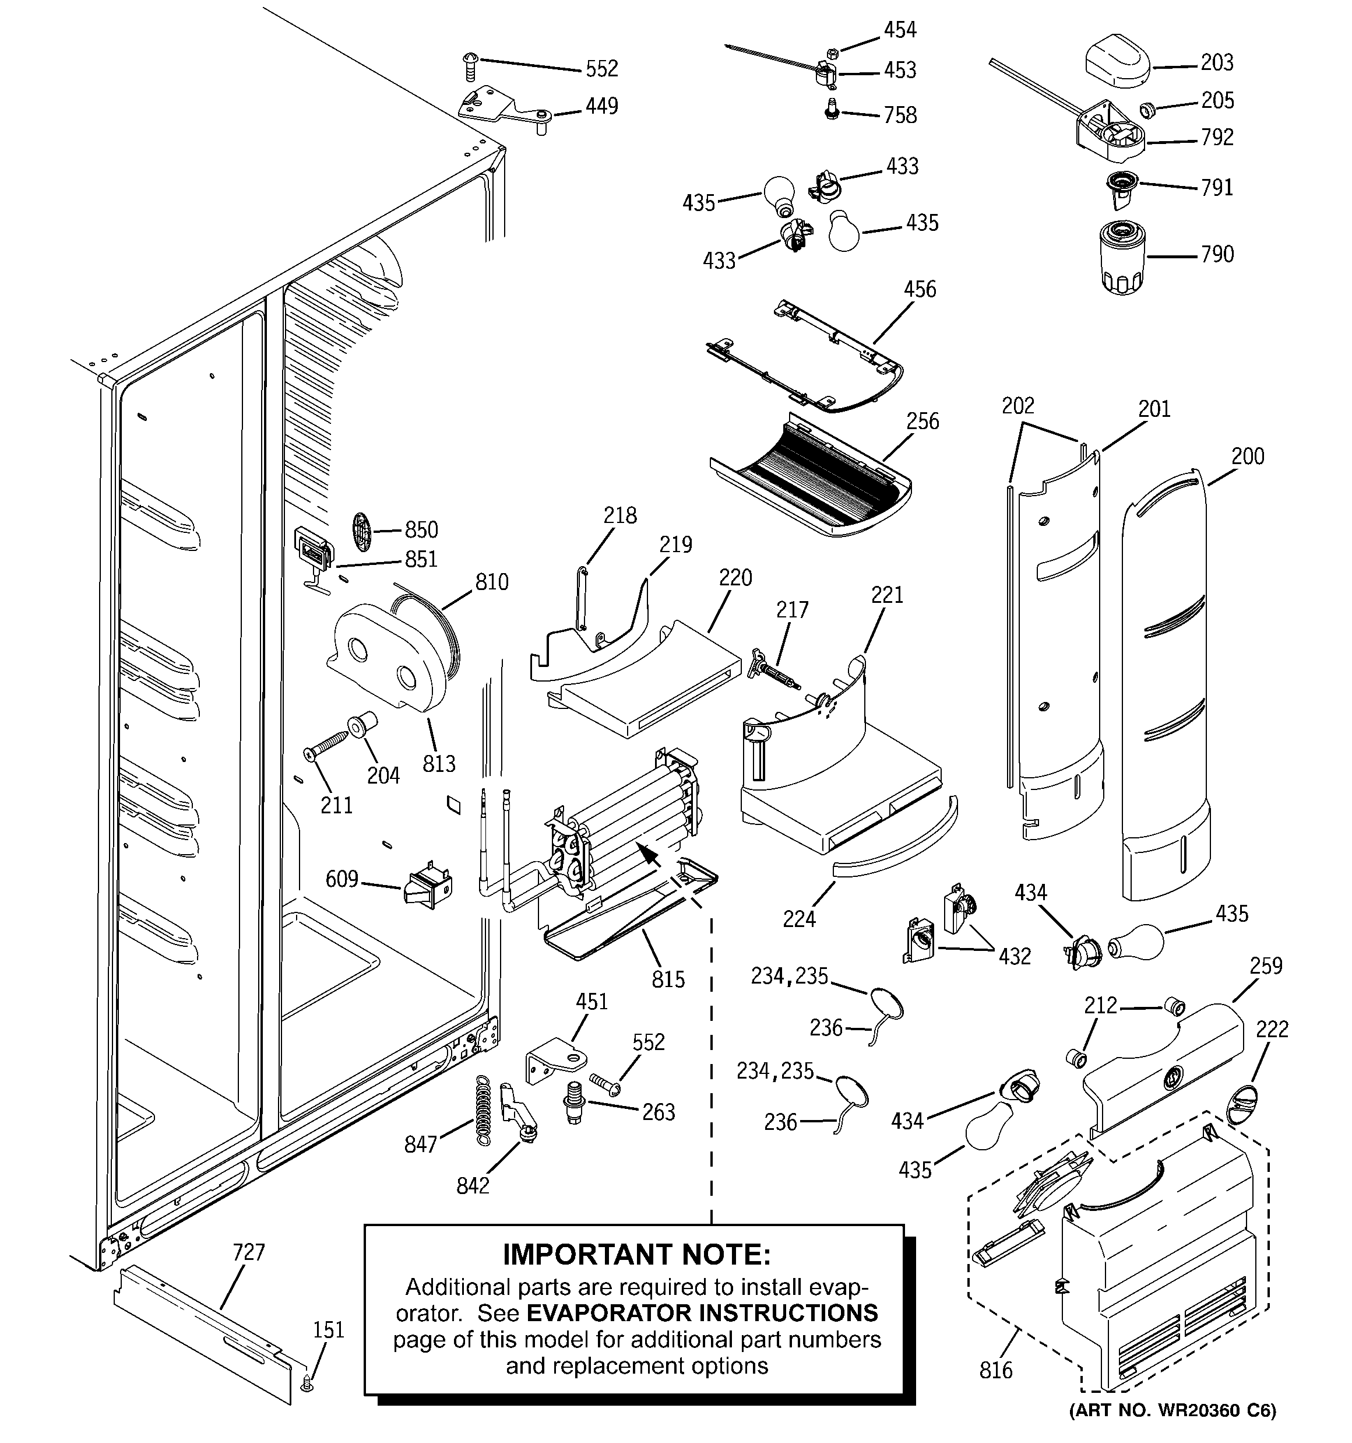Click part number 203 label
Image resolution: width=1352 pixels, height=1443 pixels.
click(1217, 63)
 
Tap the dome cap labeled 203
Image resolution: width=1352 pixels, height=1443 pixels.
click(1118, 62)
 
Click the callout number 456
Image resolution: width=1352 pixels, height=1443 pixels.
click(920, 290)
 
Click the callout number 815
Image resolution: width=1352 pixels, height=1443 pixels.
click(668, 980)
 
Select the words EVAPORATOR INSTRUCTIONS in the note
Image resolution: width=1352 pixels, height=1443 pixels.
click(702, 1313)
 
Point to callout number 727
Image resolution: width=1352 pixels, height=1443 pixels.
click(248, 1252)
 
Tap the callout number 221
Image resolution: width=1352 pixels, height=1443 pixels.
click(887, 595)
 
